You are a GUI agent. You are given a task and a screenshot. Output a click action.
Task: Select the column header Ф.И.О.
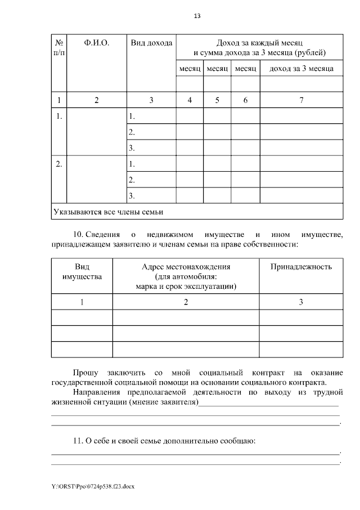(x=96, y=43)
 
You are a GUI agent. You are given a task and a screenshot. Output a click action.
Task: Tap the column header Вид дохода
(x=151, y=43)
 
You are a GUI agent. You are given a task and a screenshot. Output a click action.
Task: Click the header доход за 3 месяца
(x=301, y=69)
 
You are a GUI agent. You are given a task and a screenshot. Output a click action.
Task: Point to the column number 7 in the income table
(x=301, y=100)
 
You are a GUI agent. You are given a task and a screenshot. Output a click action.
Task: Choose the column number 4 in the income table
(x=190, y=100)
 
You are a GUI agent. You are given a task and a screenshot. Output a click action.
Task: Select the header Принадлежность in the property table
(x=301, y=266)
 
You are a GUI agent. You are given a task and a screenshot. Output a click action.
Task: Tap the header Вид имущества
(x=82, y=271)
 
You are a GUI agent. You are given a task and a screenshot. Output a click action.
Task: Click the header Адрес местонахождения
(x=186, y=266)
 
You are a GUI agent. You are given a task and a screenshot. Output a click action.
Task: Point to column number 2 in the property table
(x=186, y=302)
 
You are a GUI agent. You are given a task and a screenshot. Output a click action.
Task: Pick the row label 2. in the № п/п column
(x=59, y=164)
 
